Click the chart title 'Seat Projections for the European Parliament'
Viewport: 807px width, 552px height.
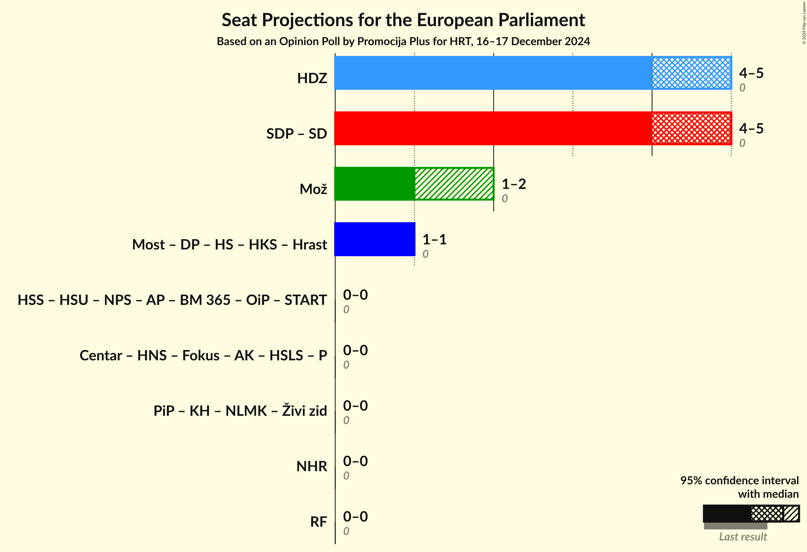(403, 20)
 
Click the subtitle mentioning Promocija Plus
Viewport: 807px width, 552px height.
(403, 42)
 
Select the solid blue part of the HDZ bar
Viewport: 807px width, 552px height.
(493, 73)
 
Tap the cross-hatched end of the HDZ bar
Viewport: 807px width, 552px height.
(691, 73)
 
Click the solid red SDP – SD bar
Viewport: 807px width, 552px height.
(493, 128)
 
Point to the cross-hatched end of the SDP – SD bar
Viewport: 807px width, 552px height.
(691, 128)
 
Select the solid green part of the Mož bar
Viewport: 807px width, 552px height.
(375, 184)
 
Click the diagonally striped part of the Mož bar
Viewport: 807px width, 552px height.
(454, 184)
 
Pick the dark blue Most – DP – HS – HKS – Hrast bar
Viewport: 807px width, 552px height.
(375, 239)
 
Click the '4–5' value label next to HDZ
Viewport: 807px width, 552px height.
(751, 73)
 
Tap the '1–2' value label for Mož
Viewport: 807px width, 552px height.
(514, 184)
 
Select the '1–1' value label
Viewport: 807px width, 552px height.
(434, 240)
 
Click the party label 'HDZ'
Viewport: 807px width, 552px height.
(312, 78)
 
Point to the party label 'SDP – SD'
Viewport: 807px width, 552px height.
(297, 134)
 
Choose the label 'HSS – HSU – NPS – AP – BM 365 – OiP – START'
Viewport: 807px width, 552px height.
(172, 300)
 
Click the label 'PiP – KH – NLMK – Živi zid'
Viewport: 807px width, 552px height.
(240, 411)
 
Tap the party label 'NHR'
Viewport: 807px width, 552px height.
(312, 466)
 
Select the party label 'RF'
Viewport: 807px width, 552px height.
(318, 522)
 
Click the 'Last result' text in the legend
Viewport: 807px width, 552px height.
(743, 537)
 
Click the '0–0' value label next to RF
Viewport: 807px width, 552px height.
(355, 517)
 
